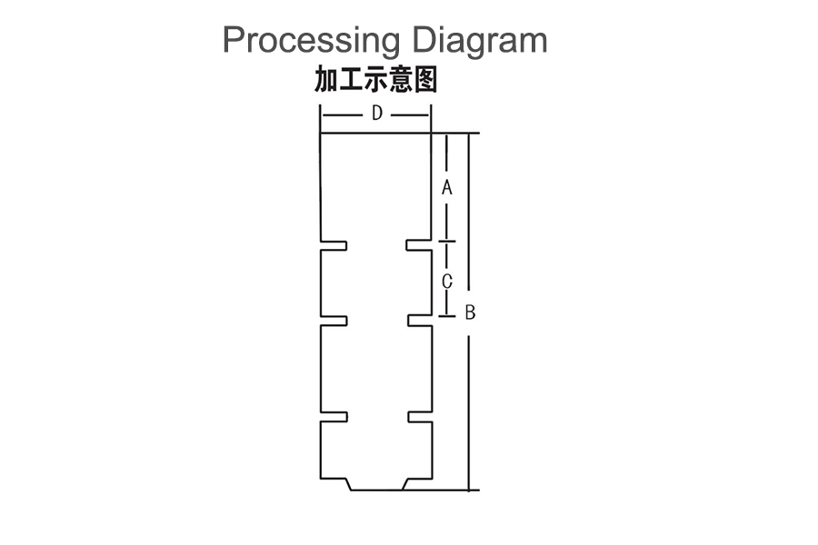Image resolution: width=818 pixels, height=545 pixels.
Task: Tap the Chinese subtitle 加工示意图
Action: (x=376, y=81)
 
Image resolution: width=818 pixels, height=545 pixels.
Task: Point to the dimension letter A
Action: (x=446, y=188)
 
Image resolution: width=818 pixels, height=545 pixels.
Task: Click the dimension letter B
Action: (x=470, y=313)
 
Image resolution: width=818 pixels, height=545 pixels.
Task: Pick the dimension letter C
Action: (x=446, y=282)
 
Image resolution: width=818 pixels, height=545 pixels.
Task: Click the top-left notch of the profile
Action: (x=334, y=245)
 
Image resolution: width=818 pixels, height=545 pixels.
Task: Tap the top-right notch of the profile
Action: (x=418, y=245)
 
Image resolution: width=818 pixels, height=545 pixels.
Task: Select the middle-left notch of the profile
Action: (x=334, y=321)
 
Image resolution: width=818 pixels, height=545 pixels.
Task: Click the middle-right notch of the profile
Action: (x=418, y=321)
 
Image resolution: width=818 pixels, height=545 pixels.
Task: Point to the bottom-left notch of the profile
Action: (x=334, y=417)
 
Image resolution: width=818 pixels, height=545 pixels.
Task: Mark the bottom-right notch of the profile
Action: (x=418, y=417)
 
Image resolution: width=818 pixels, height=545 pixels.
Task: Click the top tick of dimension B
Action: (x=469, y=133)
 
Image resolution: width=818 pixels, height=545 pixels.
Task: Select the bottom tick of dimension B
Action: (x=469, y=490)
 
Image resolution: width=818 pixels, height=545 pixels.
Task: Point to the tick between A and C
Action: (x=446, y=242)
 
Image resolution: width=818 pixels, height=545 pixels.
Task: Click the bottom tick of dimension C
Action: (x=446, y=316)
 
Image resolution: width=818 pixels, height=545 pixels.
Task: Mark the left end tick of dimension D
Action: (x=320, y=114)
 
